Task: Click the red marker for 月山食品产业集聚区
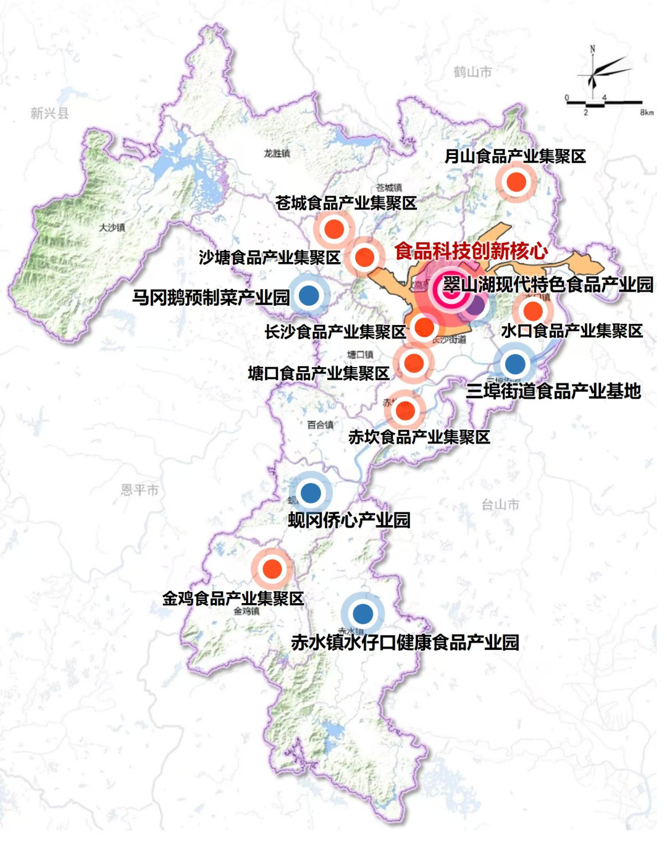tap(516, 182)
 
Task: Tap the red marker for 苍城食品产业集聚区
tap(334, 229)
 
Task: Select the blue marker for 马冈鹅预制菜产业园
tap(309, 295)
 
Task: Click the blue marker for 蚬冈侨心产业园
tap(311, 492)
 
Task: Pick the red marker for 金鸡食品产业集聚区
tap(272, 568)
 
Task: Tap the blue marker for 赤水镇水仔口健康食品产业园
tap(363, 614)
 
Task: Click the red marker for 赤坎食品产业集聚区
tap(405, 410)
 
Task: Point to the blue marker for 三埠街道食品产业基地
tap(514, 364)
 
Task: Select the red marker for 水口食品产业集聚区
tap(532, 311)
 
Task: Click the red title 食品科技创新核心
tap(471, 251)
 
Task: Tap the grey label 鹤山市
tap(472, 72)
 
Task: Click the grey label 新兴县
tap(49, 113)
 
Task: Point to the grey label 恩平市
tap(140, 490)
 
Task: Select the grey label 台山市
tap(500, 505)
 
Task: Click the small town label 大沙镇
tap(112, 227)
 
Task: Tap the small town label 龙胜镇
tap(277, 153)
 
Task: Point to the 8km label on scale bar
tap(646, 112)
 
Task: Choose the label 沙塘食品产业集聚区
tap(270, 258)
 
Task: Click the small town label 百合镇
tap(320, 425)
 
